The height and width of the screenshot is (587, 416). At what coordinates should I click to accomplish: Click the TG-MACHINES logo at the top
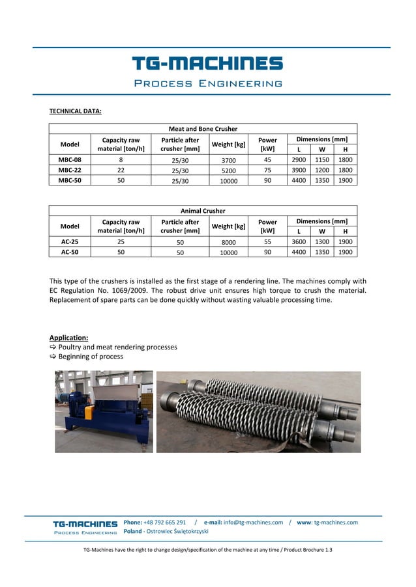(207, 64)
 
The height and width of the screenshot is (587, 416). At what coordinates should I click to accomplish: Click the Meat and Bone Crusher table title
(203, 129)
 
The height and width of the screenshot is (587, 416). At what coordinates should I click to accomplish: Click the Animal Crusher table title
(203, 211)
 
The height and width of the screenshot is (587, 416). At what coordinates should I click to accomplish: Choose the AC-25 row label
(70, 241)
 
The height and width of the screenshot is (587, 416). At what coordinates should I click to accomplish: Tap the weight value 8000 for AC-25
(228, 241)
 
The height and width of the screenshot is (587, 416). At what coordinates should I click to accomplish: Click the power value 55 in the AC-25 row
(267, 241)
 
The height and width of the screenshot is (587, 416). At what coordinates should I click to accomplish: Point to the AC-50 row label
(70, 252)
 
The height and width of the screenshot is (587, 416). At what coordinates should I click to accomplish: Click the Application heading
(69, 338)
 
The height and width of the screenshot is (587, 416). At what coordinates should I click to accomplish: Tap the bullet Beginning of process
(91, 357)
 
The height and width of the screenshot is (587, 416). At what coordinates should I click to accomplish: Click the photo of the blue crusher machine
(104, 411)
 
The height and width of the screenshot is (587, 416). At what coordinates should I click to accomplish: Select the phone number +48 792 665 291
(164, 523)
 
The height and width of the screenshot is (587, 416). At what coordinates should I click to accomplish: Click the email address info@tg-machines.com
(254, 523)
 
